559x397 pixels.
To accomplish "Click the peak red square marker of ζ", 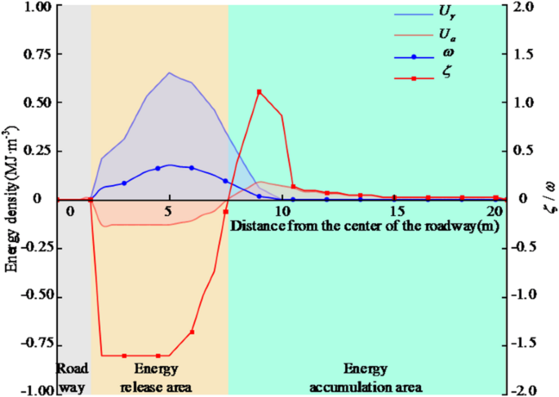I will tap(260, 91).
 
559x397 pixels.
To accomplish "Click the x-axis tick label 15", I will tap(393, 211).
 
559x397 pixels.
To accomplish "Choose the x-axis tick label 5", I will tap(168, 211).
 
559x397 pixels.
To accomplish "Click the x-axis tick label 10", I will tap(282, 211).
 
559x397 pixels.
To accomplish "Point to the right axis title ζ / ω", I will tap(550, 198).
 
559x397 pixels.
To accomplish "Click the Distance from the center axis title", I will tap(366, 223).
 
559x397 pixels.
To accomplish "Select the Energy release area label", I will tap(156, 376).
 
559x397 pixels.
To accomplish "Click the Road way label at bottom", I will tap(72, 376).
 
